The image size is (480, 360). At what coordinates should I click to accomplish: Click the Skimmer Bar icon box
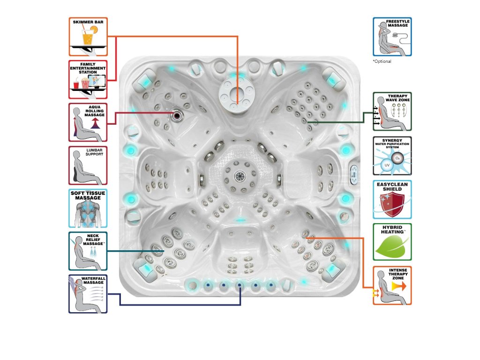pos(88,37)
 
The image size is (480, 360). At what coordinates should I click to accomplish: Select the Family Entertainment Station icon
pos(88,79)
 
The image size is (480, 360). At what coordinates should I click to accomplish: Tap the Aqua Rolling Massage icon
pos(88,122)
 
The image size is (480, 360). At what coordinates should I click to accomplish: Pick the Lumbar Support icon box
pos(88,165)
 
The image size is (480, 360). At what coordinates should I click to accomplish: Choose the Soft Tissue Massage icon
pos(88,208)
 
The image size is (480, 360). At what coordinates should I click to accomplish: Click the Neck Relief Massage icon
pos(88,251)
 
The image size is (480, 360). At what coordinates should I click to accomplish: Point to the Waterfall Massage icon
pos(88,294)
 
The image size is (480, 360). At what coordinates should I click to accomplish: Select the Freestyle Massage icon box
pos(392,37)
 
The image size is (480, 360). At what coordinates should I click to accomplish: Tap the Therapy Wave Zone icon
pos(392,111)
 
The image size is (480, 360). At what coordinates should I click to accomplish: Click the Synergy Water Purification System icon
pos(392,156)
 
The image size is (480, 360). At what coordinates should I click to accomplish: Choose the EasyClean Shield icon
pos(392,199)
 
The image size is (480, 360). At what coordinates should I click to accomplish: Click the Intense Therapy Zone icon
pos(392,285)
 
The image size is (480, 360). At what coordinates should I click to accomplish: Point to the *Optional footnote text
pos(382,61)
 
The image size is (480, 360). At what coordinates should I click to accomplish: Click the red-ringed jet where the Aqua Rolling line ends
pos(177,114)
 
